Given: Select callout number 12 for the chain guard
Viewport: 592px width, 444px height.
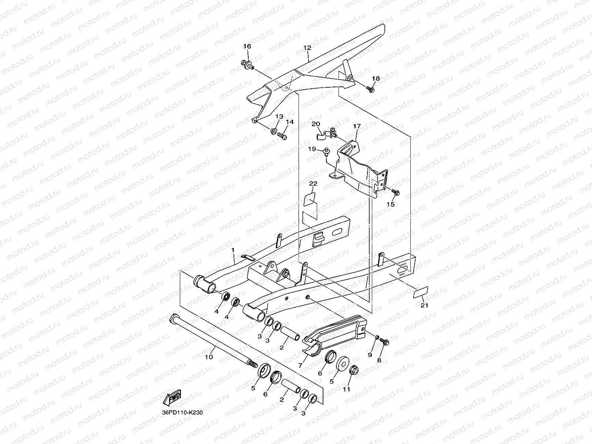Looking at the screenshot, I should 307,48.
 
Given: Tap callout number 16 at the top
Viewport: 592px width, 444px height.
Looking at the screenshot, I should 247,46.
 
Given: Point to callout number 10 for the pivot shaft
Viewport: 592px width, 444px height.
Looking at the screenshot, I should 209,357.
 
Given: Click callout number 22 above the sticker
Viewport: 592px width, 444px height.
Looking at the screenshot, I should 313,184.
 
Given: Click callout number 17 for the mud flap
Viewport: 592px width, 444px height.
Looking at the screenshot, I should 357,126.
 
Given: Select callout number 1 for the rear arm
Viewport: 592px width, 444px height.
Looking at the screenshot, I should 233,250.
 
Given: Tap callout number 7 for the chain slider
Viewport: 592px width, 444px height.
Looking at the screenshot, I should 300,365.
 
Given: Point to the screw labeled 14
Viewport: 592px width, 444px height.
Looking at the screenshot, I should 283,136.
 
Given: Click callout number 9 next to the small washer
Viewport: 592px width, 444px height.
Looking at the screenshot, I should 370,355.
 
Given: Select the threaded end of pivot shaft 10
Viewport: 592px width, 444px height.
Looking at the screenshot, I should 252,364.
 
